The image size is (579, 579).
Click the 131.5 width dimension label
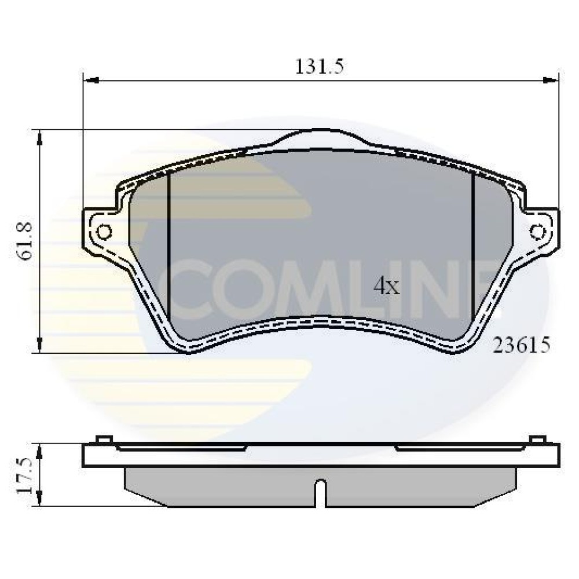click(320, 67)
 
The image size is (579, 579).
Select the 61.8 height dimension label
click(26, 242)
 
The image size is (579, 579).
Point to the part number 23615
click(522, 345)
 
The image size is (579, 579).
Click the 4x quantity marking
click(386, 286)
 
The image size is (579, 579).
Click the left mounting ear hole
click(104, 232)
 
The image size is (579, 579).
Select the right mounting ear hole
click(538, 232)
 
